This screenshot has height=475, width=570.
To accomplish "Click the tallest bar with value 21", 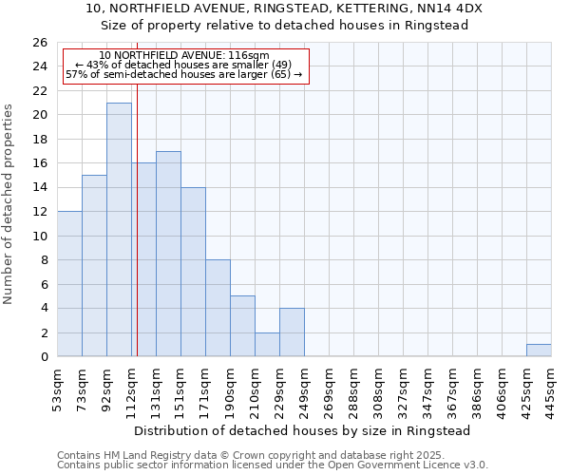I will pos(119,230).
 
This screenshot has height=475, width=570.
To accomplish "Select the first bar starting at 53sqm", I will pos(69,284).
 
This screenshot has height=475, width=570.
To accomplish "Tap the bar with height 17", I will pos(168,254).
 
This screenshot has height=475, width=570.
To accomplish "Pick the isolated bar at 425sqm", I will pos(539,351).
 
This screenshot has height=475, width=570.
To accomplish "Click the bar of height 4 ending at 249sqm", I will pos(292,332).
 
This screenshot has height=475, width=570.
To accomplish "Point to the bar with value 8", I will pos(218,309).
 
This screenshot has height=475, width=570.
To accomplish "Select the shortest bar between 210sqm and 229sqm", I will pos(267,345).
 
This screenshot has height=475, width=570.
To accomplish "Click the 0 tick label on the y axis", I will pos(43,357).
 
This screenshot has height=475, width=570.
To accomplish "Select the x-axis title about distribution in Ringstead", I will pos(304,430).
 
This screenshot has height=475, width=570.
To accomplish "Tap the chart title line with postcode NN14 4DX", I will pos(284,8).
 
